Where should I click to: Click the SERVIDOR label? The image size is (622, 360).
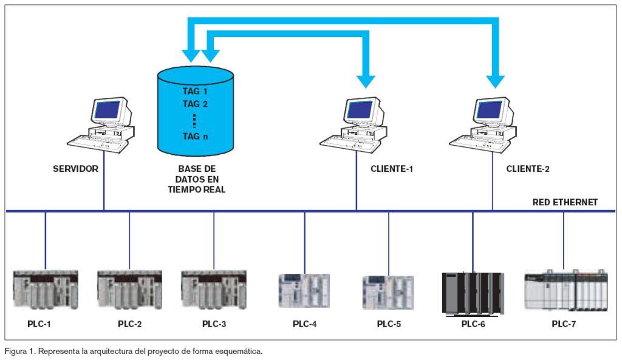tap(76, 169)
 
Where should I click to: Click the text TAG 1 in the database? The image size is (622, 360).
tap(195, 91)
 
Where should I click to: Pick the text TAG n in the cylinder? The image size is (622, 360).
tap(195, 136)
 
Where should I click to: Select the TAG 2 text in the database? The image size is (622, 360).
tap(195, 103)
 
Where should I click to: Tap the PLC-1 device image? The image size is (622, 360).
tap(45, 290)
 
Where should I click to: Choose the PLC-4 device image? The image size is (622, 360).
tap(304, 290)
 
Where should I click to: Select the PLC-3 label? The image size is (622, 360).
tap(214, 324)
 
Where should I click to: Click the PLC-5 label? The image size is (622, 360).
tap(389, 324)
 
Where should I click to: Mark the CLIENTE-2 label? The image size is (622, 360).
tap(528, 169)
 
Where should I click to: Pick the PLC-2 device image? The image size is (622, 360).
tap(129, 290)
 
